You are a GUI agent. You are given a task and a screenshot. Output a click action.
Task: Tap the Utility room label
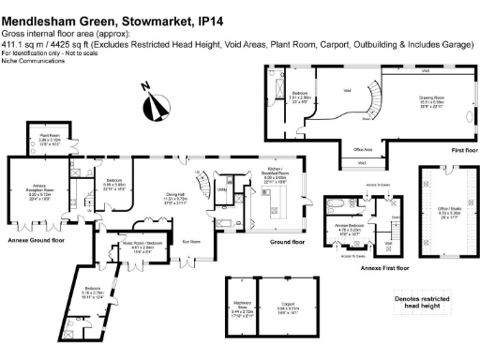click(222, 189)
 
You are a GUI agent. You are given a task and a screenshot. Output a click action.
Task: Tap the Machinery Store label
click(242, 306)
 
